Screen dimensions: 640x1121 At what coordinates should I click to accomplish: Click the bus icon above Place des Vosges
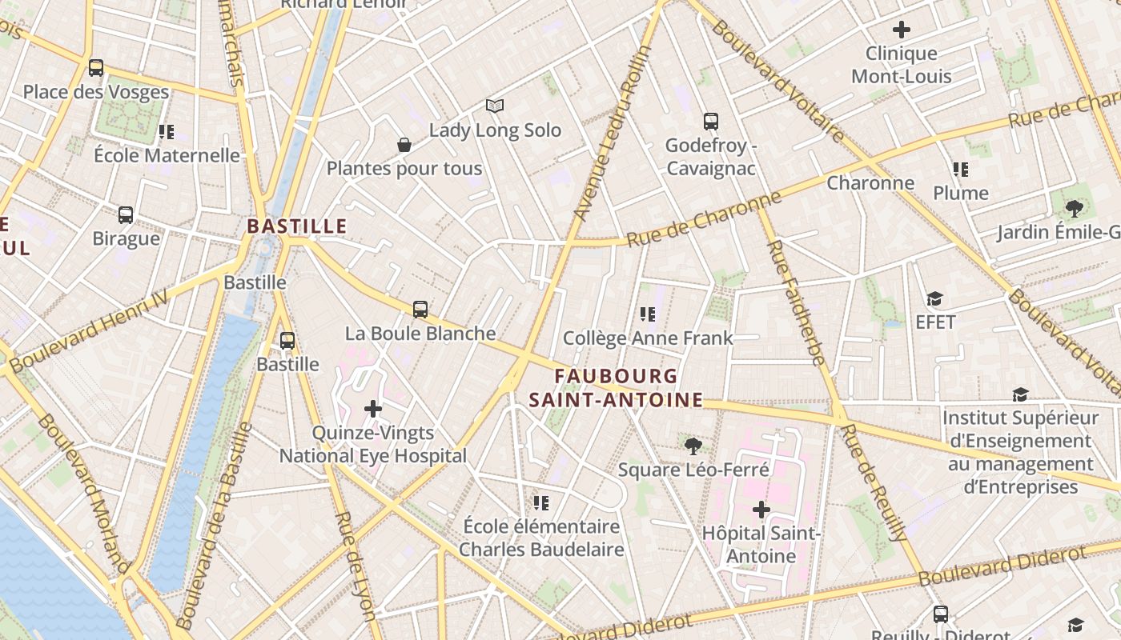pos(96,68)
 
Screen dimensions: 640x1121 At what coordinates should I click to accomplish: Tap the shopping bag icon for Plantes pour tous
pos(404,145)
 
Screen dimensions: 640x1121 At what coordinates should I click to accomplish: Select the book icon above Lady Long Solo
pos(495,106)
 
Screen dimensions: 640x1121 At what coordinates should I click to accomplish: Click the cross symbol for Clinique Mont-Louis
pos(902,30)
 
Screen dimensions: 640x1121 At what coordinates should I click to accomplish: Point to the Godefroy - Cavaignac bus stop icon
pos(711,122)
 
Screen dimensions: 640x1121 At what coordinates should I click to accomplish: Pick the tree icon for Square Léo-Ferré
pos(693,446)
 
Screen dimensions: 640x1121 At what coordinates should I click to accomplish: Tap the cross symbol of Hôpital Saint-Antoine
pos(761,510)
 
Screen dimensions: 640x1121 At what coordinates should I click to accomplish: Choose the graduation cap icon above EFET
pos(934,299)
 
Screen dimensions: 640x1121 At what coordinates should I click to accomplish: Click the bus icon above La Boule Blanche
pos(420,310)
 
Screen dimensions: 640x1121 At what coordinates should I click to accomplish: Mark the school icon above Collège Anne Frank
pos(648,314)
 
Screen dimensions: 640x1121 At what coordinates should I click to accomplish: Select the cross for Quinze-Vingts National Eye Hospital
pos(373,409)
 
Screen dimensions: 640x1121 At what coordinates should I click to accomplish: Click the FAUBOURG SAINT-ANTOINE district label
pos(616,388)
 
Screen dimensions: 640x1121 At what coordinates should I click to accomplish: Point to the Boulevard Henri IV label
pos(88,330)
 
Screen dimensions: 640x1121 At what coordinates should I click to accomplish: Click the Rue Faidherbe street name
pos(795,302)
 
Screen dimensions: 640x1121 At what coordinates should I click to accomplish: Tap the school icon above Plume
pos(961,170)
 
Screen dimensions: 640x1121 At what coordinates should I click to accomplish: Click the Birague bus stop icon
pos(126,215)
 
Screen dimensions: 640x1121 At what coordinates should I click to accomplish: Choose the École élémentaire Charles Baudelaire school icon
pos(541,503)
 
